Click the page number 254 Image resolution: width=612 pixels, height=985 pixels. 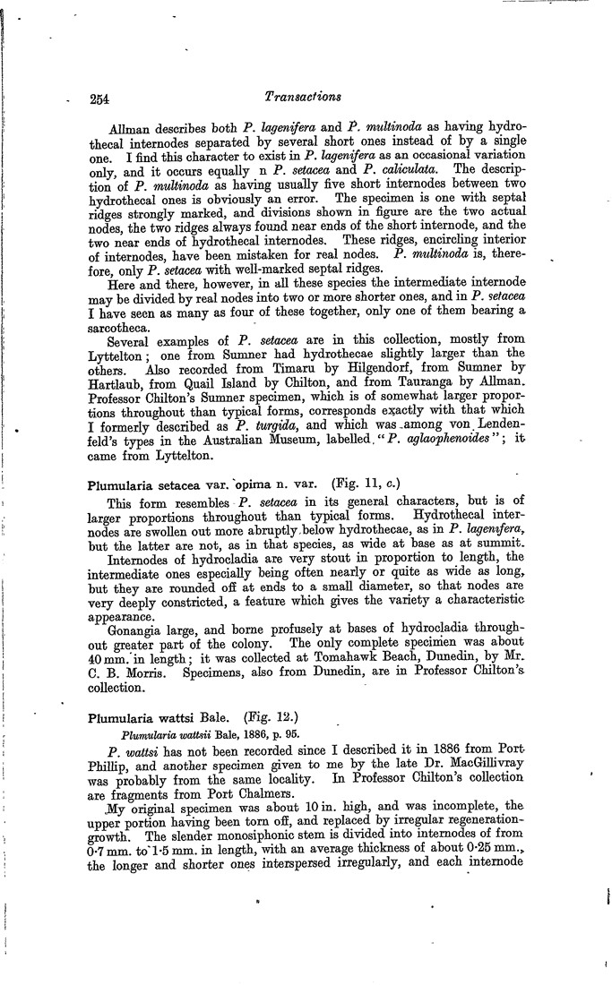click(x=98, y=98)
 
